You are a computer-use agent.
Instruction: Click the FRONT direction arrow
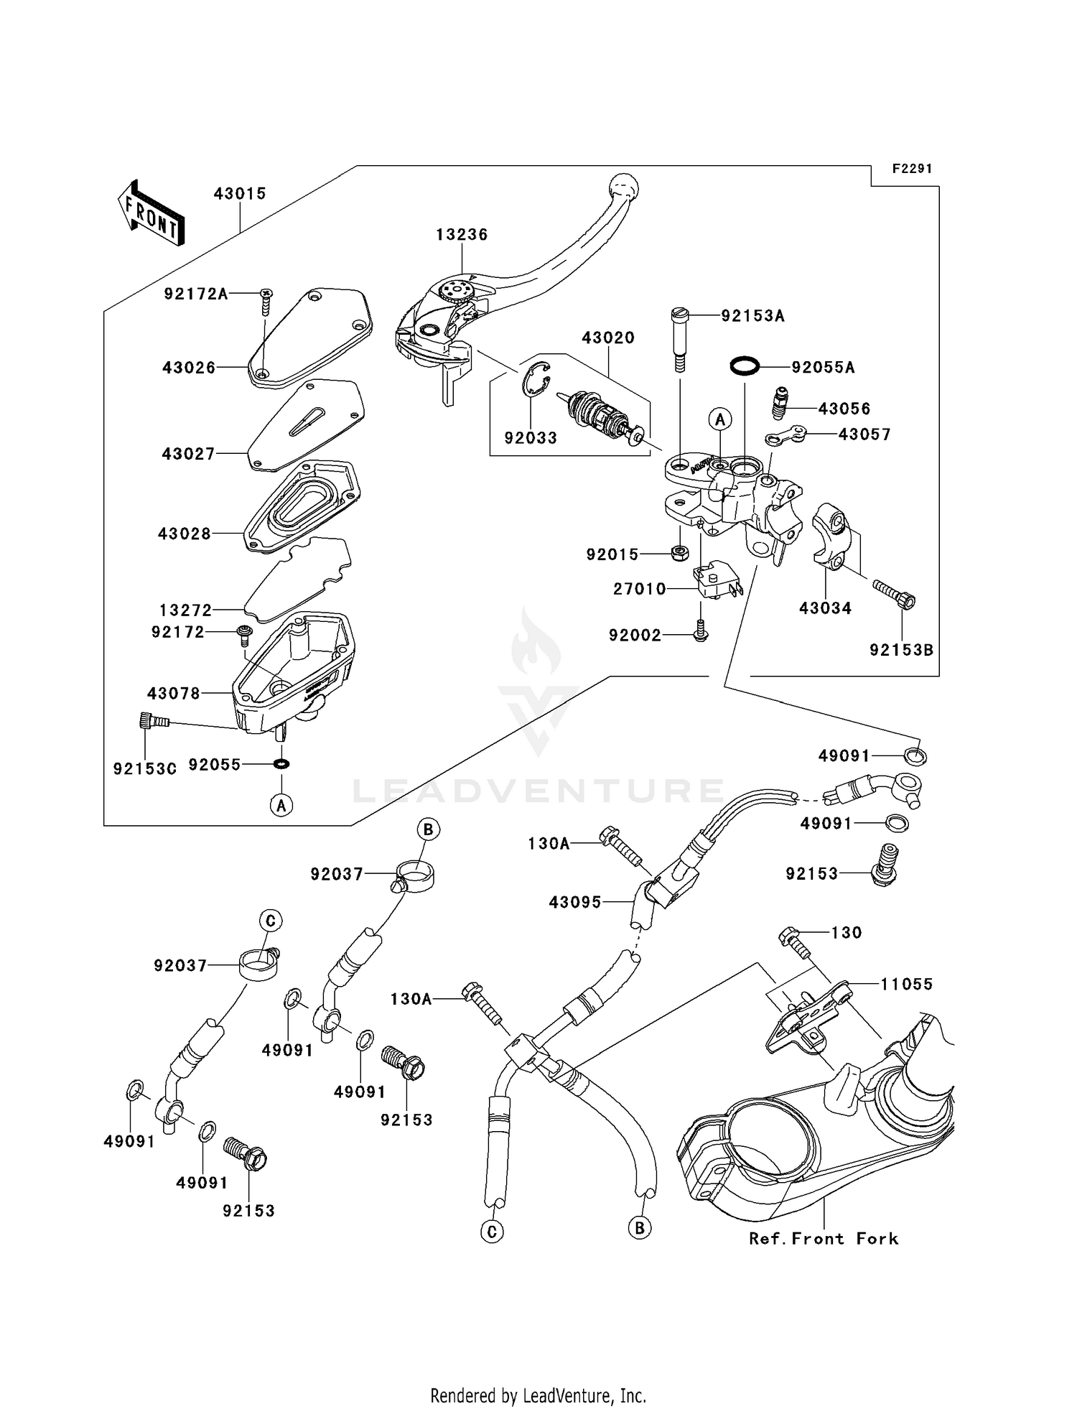coord(151,213)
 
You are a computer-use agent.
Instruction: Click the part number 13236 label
coord(462,235)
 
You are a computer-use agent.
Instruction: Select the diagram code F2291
coord(912,169)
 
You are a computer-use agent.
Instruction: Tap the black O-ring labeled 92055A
coord(745,367)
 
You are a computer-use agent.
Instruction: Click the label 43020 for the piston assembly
coord(607,338)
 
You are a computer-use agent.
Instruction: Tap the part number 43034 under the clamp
coord(825,608)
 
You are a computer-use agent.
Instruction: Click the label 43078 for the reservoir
coord(174,694)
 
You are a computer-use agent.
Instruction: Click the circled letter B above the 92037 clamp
coord(427,830)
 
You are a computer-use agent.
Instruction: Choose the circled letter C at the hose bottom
coord(492,1232)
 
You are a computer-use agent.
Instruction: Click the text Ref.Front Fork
coord(824,1239)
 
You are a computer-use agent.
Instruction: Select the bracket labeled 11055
coord(808,1014)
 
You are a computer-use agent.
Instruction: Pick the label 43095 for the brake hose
coord(574,902)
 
